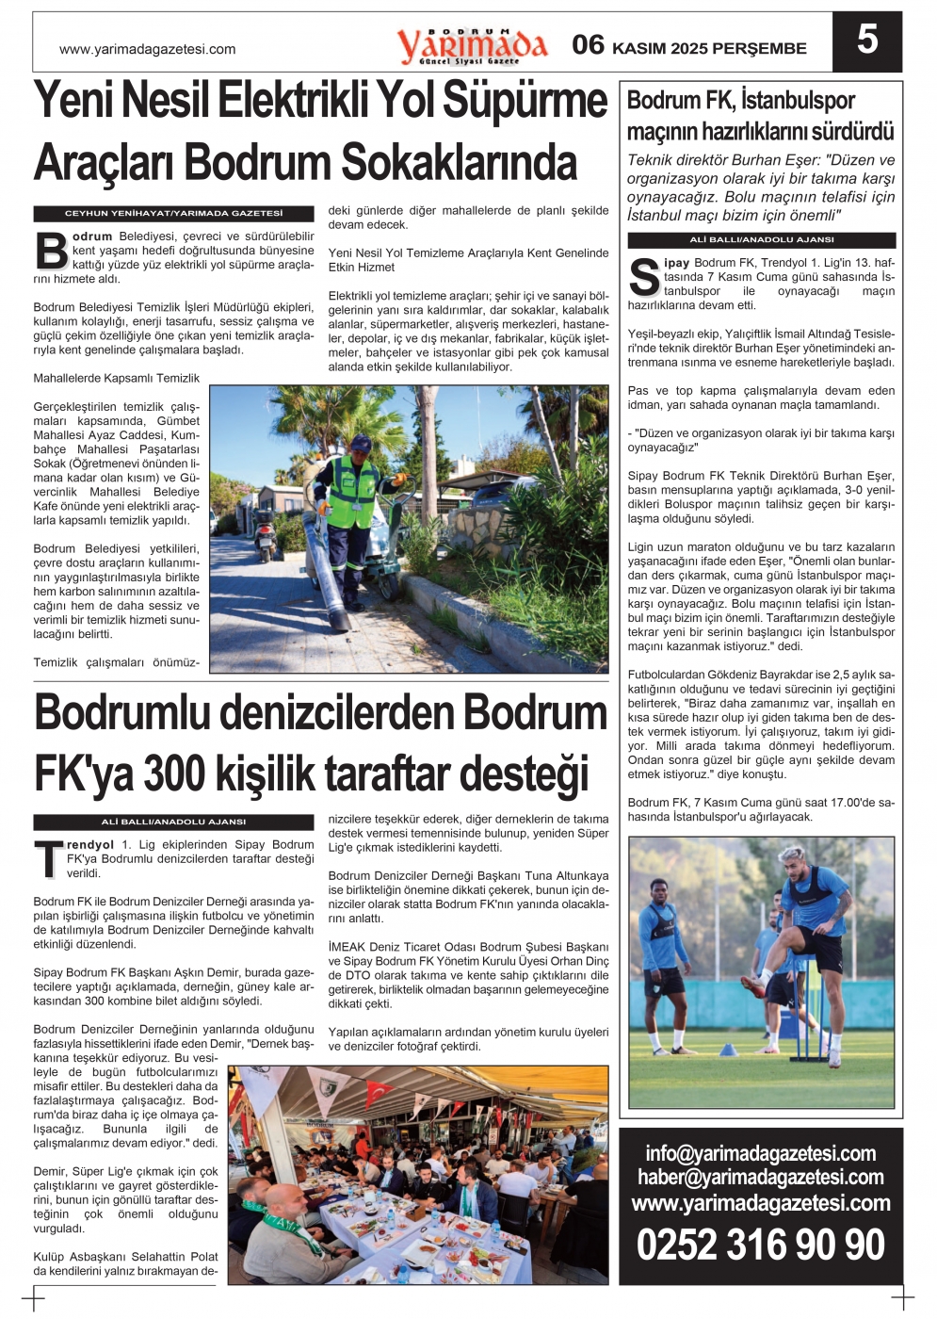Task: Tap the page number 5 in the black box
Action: (x=866, y=41)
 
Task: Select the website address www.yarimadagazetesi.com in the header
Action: (x=147, y=49)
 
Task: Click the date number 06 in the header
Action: (x=589, y=44)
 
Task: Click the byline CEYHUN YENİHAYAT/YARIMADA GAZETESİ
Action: (x=174, y=214)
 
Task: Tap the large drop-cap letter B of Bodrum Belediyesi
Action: (x=51, y=251)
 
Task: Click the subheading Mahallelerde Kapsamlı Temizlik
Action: (x=117, y=378)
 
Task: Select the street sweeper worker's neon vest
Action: (x=350, y=491)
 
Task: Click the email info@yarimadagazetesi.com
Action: (x=760, y=1153)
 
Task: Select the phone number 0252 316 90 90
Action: (x=760, y=1245)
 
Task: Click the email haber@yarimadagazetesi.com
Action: (x=760, y=1177)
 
